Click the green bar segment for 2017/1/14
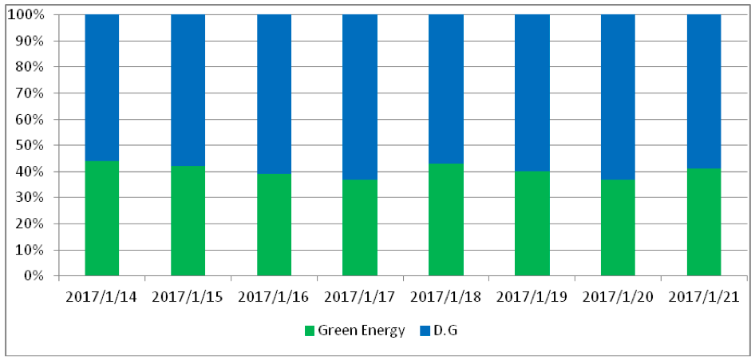[x=101, y=218]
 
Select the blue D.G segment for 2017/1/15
[x=188, y=89]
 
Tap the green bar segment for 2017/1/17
[x=360, y=227]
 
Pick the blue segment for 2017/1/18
[x=446, y=89]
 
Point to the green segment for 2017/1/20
[x=618, y=227]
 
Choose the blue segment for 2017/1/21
[x=704, y=91]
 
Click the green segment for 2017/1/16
[x=274, y=224]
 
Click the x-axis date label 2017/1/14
[x=101, y=298]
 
